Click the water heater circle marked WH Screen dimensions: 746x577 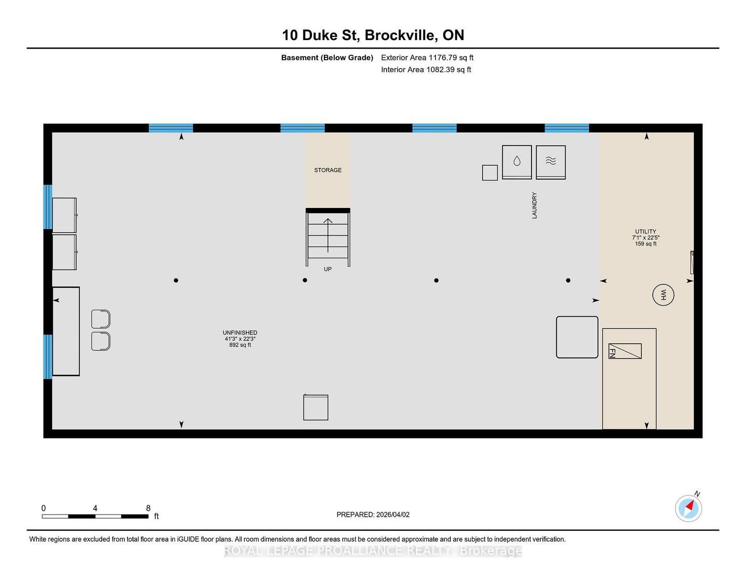click(663, 295)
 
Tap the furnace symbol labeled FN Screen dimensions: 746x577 click(624, 351)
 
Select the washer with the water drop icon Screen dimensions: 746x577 click(517, 162)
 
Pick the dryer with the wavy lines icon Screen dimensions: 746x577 click(551, 162)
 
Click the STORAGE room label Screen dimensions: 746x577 click(327, 170)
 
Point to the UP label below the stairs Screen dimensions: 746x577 click(327, 269)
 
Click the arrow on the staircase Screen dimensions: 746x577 click(328, 236)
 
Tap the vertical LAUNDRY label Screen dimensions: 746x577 click(534, 205)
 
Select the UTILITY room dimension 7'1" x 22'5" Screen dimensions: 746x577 click(645, 238)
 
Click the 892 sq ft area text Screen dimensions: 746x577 click(240, 345)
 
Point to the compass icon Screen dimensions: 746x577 click(688, 508)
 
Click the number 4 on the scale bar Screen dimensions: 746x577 click(95, 508)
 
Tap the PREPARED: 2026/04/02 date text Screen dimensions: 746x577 click(373, 514)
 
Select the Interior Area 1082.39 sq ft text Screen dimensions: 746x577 click(426, 70)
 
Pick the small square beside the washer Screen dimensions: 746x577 click(490, 173)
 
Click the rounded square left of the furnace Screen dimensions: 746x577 click(577, 337)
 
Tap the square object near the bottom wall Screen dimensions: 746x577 click(316, 407)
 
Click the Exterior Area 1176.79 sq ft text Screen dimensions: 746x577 click(427, 58)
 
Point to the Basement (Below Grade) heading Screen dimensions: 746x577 click(327, 58)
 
